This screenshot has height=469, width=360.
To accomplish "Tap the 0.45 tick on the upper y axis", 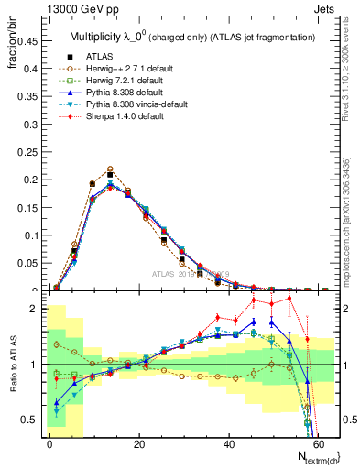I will tap(26, 41).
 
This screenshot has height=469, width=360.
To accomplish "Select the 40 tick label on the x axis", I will tap(227, 444).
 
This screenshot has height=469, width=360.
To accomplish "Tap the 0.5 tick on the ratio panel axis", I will tap(27, 420).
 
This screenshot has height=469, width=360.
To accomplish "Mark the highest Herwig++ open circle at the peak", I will tap(110, 169).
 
